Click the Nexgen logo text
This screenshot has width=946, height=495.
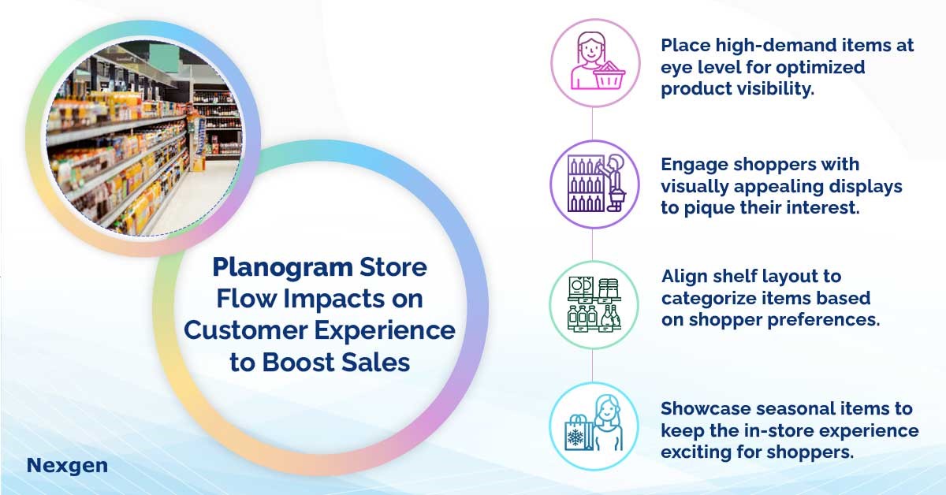click(67, 466)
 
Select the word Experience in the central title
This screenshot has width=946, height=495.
click(385, 330)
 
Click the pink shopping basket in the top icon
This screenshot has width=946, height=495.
click(609, 76)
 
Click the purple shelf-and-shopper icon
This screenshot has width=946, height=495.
click(595, 184)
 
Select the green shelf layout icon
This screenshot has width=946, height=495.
click(594, 304)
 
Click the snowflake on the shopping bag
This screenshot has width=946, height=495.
click(575, 437)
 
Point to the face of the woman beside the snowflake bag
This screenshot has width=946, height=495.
click(608, 409)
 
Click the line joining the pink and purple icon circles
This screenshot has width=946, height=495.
click(592, 124)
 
